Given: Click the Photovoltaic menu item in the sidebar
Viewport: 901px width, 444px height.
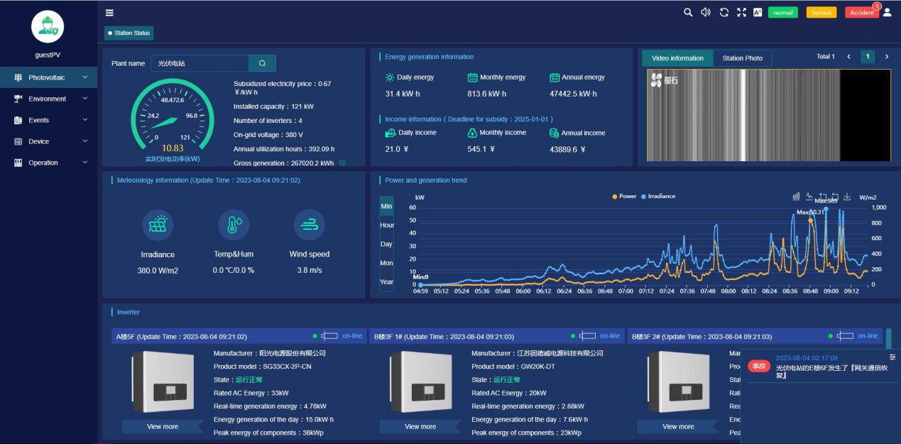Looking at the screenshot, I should pyautogui.click(x=47, y=77).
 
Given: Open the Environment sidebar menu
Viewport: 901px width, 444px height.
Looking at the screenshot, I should pyautogui.click(x=47, y=99).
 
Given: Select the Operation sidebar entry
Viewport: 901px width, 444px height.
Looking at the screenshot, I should pyautogui.click(x=43, y=163).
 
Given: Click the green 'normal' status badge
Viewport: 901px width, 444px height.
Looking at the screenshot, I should pyautogui.click(x=782, y=13).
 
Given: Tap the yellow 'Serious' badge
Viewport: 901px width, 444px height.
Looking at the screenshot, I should pyautogui.click(x=821, y=13).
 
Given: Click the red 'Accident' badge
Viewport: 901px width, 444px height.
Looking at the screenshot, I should pyautogui.click(x=861, y=13).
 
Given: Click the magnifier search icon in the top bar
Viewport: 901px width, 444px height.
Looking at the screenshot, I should pyautogui.click(x=687, y=12).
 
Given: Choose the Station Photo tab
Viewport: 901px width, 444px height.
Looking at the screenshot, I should pyautogui.click(x=742, y=58).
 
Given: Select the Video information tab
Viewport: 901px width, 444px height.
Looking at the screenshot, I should pyautogui.click(x=677, y=58).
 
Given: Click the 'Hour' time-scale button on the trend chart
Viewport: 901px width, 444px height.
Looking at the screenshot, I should pyautogui.click(x=386, y=225).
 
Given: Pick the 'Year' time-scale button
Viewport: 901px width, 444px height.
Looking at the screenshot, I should pyautogui.click(x=386, y=282).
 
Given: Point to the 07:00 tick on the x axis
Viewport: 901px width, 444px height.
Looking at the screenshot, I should pyautogui.click(x=626, y=291).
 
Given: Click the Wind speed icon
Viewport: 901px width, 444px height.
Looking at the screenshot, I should pyautogui.click(x=309, y=225).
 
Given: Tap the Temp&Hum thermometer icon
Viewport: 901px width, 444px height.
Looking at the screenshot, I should pyautogui.click(x=234, y=225).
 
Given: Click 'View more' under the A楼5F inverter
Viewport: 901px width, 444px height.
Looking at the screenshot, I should pyautogui.click(x=163, y=426).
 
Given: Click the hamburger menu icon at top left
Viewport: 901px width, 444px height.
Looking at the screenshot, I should pyautogui.click(x=109, y=12).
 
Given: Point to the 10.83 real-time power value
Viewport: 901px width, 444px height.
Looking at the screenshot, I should pyautogui.click(x=172, y=148).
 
